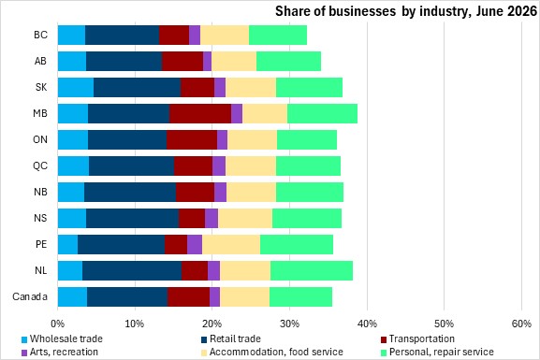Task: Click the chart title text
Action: (x=406, y=11)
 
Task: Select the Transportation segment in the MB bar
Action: (x=200, y=113)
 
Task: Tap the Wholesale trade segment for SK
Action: (x=76, y=87)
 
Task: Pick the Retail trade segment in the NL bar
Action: (x=132, y=270)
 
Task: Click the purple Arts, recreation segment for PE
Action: (x=195, y=244)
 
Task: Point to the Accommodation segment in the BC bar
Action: (x=225, y=35)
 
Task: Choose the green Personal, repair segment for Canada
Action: (x=301, y=296)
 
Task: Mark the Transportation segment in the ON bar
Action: (x=192, y=139)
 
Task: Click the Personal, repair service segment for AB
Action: (x=288, y=61)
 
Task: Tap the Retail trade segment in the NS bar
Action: (x=133, y=218)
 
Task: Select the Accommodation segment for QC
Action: (x=251, y=166)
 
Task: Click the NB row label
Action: (x=40, y=192)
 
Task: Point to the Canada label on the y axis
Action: (x=30, y=296)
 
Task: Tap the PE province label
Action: (x=41, y=244)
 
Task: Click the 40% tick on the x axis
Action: (x=367, y=324)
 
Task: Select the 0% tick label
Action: (x=57, y=324)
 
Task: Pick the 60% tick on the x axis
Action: (x=521, y=324)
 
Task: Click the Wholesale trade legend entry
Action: (x=63, y=339)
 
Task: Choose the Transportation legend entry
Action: (x=417, y=339)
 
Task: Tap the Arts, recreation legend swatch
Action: (x=24, y=353)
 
